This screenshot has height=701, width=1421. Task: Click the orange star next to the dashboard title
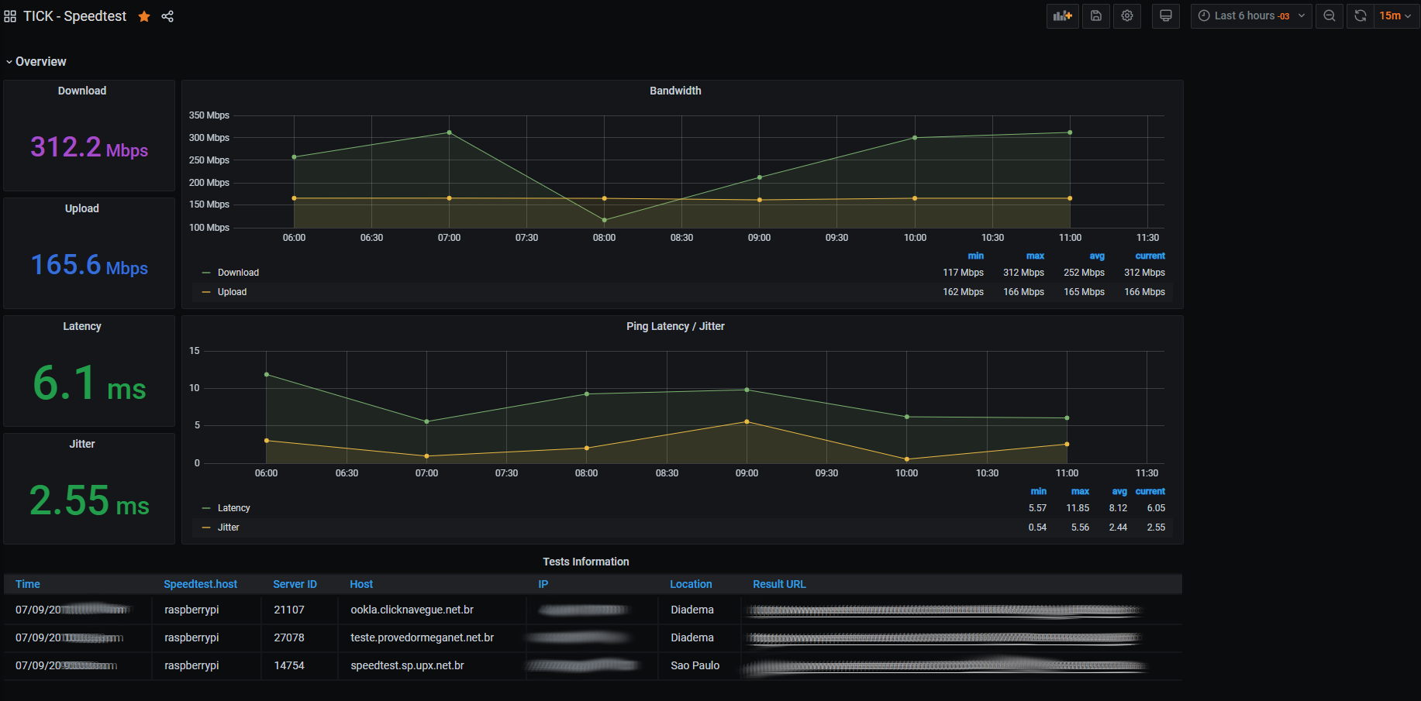pyautogui.click(x=144, y=16)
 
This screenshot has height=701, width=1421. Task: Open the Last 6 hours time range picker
pyautogui.click(x=1250, y=16)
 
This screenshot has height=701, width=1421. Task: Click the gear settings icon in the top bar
pyautogui.click(x=1127, y=16)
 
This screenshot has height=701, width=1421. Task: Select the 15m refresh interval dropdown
pyautogui.click(x=1395, y=16)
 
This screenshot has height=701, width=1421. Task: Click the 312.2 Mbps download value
pyautogui.click(x=89, y=147)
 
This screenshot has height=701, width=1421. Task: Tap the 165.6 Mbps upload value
pyautogui.click(x=89, y=266)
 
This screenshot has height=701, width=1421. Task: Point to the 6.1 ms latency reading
pyautogui.click(x=89, y=383)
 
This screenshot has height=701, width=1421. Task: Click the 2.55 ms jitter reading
pyautogui.click(x=89, y=500)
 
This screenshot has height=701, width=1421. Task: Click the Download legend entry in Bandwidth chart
pyautogui.click(x=238, y=273)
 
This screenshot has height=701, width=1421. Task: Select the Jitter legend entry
pyautogui.click(x=228, y=527)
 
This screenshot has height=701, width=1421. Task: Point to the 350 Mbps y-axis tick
pyautogui.click(x=209, y=115)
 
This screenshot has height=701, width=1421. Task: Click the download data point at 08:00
pyautogui.click(x=605, y=220)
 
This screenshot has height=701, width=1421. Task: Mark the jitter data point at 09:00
pyautogui.click(x=747, y=422)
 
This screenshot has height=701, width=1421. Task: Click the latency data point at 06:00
pyautogui.click(x=267, y=375)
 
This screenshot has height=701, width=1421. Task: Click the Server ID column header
pyautogui.click(x=295, y=584)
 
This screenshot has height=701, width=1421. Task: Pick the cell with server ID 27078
pyautogui.click(x=289, y=637)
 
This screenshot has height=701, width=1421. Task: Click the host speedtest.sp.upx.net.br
pyautogui.click(x=407, y=665)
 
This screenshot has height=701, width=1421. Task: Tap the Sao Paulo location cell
pyautogui.click(x=695, y=665)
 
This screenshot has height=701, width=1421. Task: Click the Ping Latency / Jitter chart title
pyautogui.click(x=675, y=326)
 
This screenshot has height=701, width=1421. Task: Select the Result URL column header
pyautogui.click(x=779, y=584)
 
